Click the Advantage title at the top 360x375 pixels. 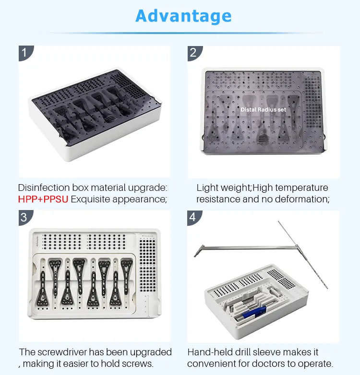[x=183, y=16]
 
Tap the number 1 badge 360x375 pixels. [x=24, y=52]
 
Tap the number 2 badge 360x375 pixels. [x=193, y=52]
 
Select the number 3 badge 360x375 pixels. [x=24, y=217]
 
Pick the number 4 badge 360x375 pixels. [x=193, y=217]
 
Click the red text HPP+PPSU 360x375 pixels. [x=43, y=199]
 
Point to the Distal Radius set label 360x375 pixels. [x=263, y=110]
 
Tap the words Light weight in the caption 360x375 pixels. [x=224, y=187]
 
